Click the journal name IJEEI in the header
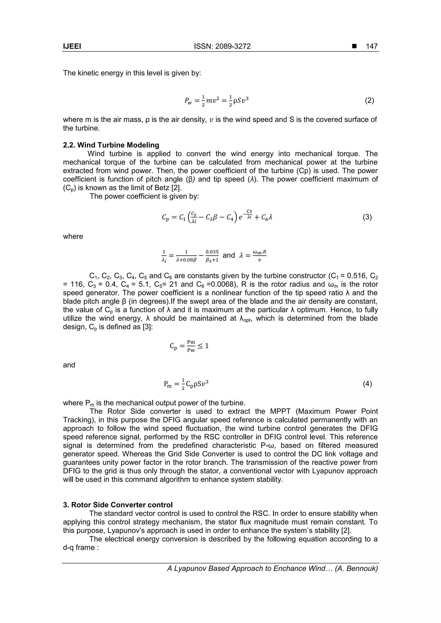click(x=72, y=46)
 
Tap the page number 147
click(x=371, y=46)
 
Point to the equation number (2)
click(x=369, y=101)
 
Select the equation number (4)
click(x=367, y=384)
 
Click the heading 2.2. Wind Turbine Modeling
click(x=111, y=145)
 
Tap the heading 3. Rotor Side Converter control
click(x=118, y=505)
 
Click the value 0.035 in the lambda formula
click(x=212, y=252)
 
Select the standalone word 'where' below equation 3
click(x=73, y=236)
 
